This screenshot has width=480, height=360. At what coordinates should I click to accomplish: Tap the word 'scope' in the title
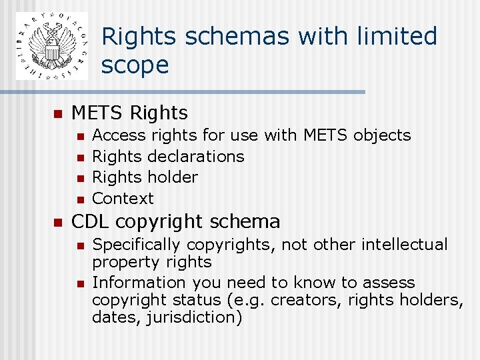(135, 65)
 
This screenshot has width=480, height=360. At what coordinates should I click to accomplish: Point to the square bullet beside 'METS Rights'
(57, 113)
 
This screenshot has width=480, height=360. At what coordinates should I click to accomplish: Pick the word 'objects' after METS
(382, 135)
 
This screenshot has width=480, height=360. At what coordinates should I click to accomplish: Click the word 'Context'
(123, 199)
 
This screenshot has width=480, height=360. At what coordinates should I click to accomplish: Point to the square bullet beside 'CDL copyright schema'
(57, 222)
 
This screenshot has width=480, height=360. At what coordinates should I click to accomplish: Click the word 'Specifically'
(136, 245)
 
